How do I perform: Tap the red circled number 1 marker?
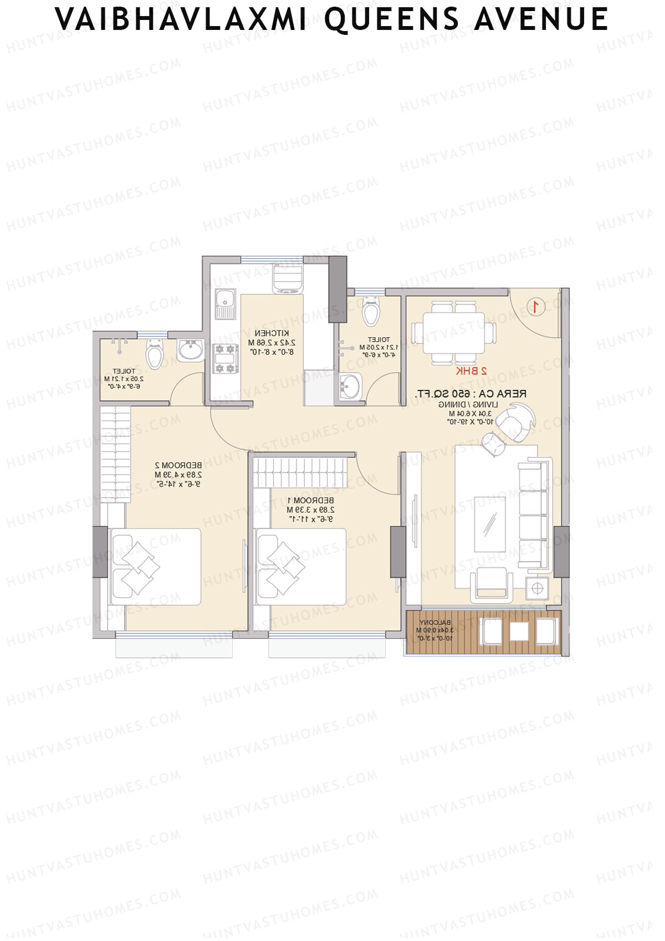(536, 307)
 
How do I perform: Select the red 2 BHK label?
(471, 371)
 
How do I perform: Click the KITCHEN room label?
(272, 333)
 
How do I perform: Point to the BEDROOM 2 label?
(178, 465)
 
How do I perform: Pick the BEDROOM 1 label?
(311, 501)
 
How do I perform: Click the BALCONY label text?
(435, 623)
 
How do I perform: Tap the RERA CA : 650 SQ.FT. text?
(470, 394)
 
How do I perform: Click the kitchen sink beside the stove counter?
(225, 304)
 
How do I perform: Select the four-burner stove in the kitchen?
(226, 358)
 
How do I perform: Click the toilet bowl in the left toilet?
(155, 355)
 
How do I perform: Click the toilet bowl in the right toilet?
(371, 312)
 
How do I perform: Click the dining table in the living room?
(454, 333)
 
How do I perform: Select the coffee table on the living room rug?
(490, 524)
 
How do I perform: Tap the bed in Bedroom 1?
(300, 567)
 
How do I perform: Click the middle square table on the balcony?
(519, 632)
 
